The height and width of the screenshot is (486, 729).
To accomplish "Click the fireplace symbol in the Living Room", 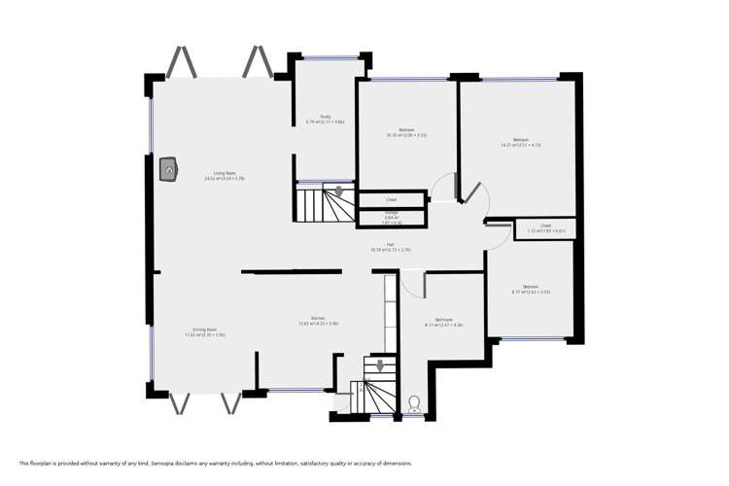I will [x=169, y=170].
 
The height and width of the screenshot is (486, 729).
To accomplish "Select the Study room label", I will [x=312, y=119].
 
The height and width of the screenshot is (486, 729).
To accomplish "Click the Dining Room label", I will [x=204, y=332].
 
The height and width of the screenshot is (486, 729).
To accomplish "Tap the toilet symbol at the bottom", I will [x=414, y=403].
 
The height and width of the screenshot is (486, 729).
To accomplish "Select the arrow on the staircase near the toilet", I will [x=379, y=366].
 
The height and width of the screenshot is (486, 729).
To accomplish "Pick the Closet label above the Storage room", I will [x=391, y=199].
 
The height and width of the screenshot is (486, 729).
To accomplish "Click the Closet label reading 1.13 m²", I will [x=545, y=229].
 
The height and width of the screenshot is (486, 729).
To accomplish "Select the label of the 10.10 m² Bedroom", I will [x=406, y=132].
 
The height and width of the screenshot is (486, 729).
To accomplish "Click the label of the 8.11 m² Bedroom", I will [x=443, y=322].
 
